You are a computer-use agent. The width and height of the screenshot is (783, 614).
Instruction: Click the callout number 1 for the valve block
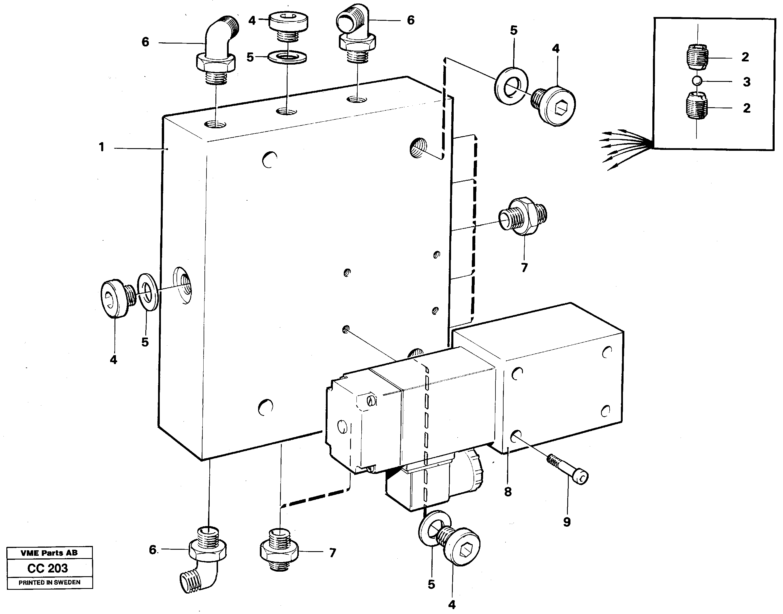(102, 147)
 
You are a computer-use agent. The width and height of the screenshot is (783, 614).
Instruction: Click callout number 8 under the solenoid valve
(508, 492)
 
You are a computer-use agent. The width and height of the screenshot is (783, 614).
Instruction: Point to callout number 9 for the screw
(567, 522)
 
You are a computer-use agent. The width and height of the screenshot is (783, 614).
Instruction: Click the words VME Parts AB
(49, 553)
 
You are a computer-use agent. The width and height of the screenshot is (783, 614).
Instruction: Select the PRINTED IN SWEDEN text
(49, 582)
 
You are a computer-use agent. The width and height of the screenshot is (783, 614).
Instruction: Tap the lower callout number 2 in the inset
(747, 108)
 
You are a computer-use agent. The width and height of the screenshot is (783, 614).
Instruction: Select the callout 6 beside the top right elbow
(411, 20)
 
